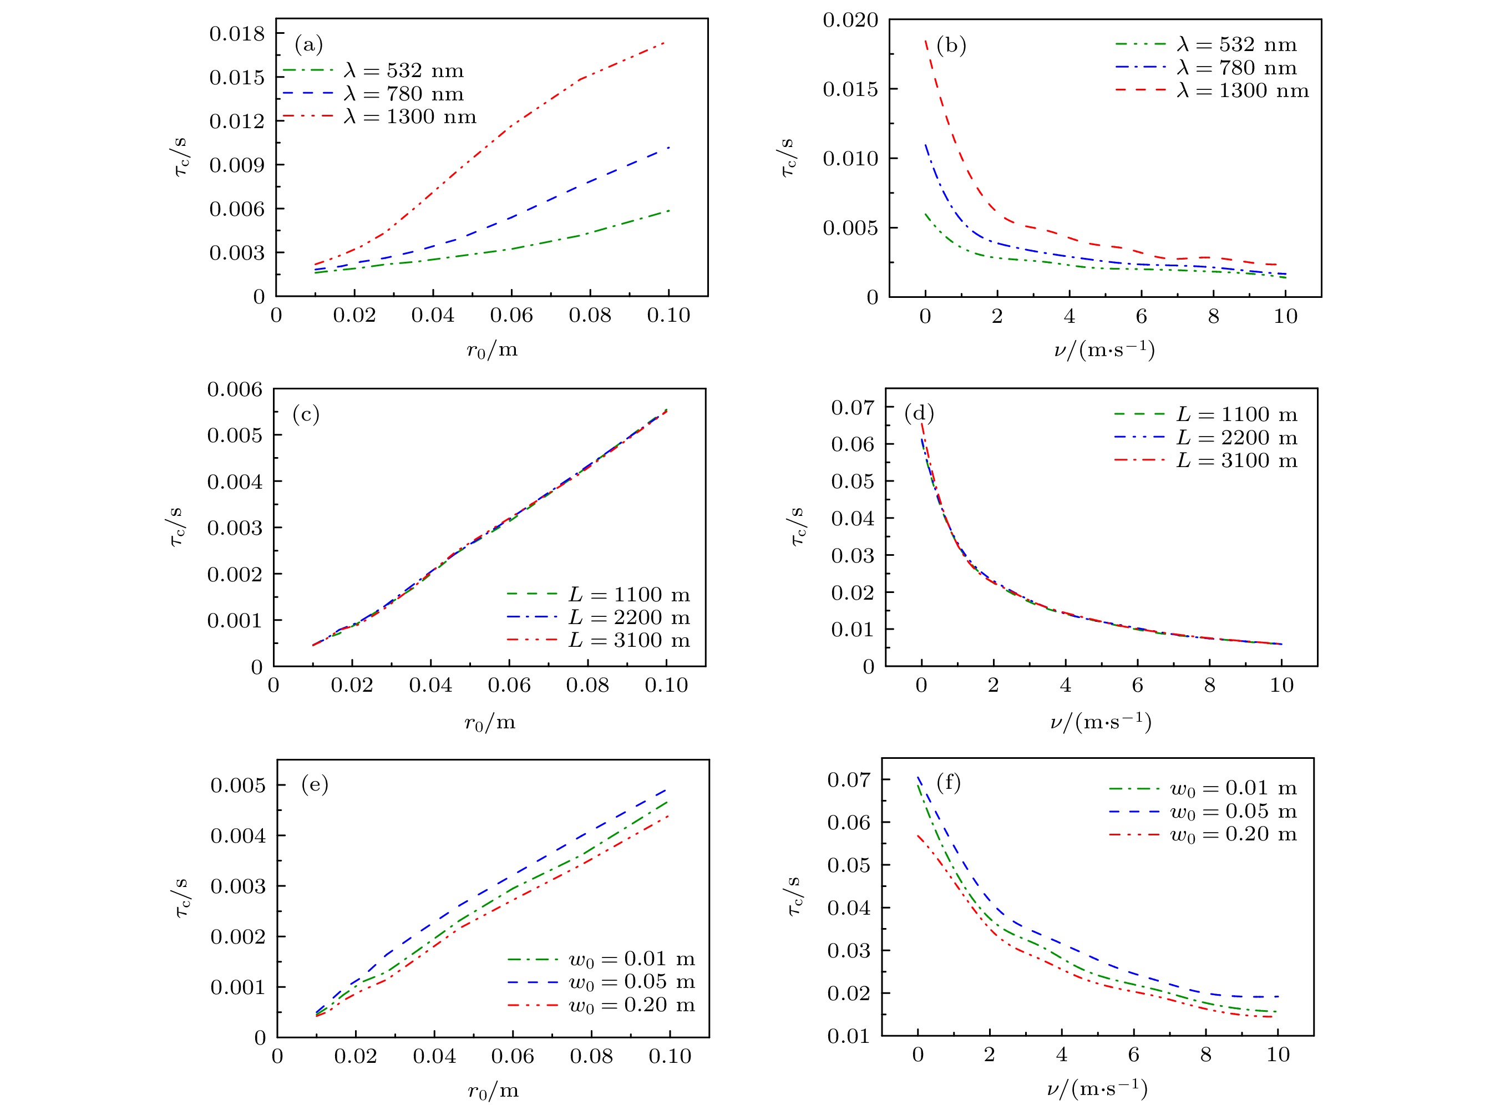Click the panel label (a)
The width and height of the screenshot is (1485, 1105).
308,45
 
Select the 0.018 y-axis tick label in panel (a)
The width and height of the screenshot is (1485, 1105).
237,33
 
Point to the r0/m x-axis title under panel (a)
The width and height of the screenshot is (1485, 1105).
491,350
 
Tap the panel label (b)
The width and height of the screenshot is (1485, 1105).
951,45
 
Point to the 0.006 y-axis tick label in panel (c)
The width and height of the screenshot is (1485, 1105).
235,389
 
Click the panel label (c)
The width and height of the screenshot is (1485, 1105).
306,415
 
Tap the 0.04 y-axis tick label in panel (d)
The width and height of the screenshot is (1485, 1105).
852,519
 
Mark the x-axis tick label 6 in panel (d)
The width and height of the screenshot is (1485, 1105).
1137,685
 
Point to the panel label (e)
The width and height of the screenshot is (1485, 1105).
315,784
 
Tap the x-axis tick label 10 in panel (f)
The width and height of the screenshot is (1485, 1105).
1278,1055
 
